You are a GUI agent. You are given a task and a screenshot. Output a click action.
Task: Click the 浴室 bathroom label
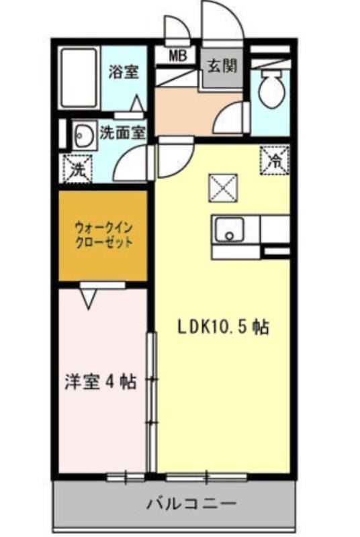(x=124, y=72)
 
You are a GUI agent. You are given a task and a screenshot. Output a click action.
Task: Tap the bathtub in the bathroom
(x=79, y=79)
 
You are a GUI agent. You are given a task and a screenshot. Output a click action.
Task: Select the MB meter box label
(x=178, y=56)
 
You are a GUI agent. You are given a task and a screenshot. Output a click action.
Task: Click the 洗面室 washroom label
(x=122, y=133)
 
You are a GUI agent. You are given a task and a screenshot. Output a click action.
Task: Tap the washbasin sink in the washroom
(x=84, y=136)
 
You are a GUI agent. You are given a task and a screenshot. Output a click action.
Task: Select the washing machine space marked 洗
(x=77, y=168)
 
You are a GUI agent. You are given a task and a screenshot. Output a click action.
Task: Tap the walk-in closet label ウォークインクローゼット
(x=104, y=235)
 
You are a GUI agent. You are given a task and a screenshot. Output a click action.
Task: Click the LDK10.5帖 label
(x=223, y=328)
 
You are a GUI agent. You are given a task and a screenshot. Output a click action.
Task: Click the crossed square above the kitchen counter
(x=224, y=188)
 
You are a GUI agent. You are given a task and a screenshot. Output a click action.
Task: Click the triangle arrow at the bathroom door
(x=138, y=103)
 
